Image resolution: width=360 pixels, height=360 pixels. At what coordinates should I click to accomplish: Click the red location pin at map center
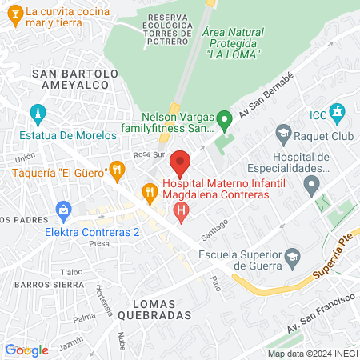click(180, 163)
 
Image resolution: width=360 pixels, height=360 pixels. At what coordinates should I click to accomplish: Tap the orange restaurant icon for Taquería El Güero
click(118, 169)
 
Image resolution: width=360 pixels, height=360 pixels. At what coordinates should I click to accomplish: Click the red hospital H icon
click(182, 211)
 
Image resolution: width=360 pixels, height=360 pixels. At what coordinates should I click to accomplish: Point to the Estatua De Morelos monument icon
click(35, 112)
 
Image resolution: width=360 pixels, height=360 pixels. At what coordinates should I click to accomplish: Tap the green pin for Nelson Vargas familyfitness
click(225, 122)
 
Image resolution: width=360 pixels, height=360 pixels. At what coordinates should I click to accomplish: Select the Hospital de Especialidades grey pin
click(312, 187)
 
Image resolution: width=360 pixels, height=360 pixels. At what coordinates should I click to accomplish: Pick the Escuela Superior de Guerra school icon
click(294, 256)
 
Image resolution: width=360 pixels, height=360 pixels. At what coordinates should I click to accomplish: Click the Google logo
click(27, 350)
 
